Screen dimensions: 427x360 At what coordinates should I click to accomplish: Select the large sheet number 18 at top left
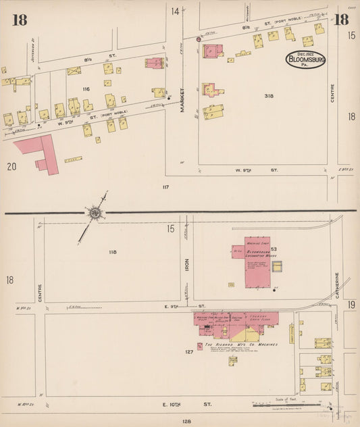(19, 20)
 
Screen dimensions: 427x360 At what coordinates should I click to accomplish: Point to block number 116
(86, 89)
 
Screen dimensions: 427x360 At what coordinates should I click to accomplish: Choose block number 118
(112, 252)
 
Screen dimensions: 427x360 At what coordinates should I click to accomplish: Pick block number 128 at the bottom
(186, 421)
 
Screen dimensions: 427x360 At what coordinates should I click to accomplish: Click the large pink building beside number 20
(38, 152)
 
